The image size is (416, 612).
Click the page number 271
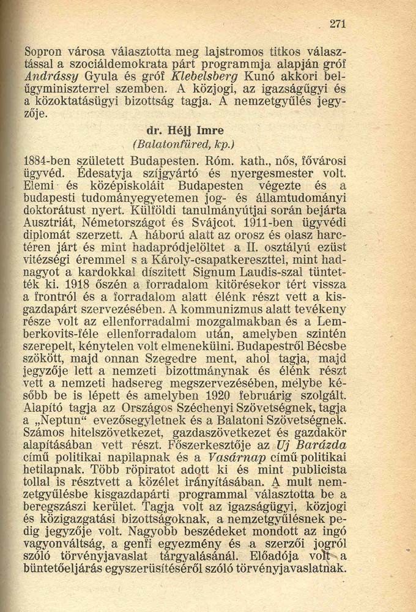coord(338,24)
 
